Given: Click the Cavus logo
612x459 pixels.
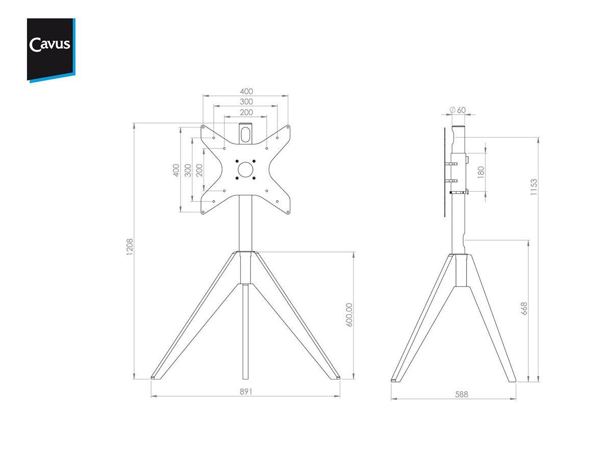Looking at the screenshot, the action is click(x=51, y=50).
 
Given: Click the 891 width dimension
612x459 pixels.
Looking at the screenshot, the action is click(x=246, y=392).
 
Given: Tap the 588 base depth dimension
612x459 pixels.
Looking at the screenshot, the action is click(x=462, y=395).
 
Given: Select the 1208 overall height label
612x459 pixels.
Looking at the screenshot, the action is click(x=130, y=247).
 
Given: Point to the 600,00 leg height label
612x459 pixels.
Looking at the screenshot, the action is click(x=349, y=315).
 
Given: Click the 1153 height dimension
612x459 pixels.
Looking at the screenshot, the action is click(x=533, y=187).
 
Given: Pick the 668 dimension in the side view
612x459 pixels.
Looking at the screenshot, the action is click(x=524, y=309).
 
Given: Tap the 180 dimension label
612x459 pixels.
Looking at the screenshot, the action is click(x=481, y=172).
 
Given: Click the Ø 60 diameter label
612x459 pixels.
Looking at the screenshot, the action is click(x=458, y=110).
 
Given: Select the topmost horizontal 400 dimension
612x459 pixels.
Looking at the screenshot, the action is click(x=246, y=91).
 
